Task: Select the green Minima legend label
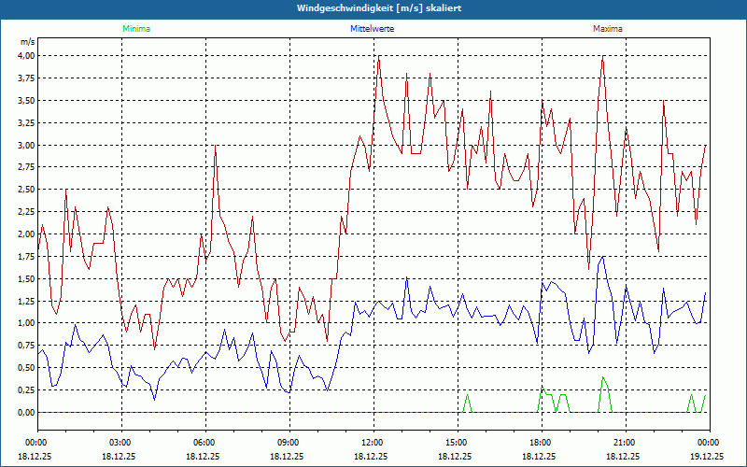[135, 29]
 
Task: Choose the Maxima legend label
[607, 29]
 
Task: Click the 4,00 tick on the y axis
[25, 55]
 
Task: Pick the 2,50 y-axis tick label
[25, 189]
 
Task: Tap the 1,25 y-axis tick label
[25, 301]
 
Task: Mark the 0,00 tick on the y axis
[25, 412]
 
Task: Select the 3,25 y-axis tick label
[25, 122]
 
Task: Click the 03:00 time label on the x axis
[120, 442]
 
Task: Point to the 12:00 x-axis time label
[372, 442]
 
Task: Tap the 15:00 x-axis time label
[456, 442]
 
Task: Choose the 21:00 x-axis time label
[624, 442]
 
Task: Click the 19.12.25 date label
[708, 457]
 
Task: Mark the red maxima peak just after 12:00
[378, 58]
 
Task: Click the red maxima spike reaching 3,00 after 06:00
[216, 147]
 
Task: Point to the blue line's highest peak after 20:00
[604, 257]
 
